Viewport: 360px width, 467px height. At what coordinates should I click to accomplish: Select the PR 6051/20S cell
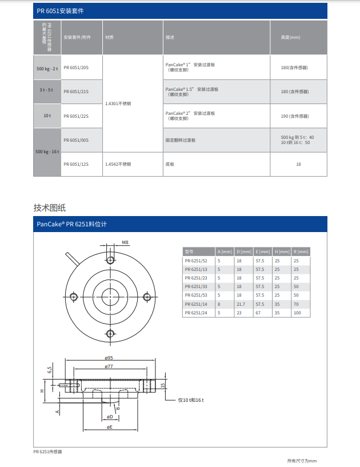76,67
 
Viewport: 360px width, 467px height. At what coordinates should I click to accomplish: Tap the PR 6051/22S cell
76,116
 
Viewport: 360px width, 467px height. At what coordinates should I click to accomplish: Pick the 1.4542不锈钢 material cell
118,164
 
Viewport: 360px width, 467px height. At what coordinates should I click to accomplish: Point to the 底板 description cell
170,164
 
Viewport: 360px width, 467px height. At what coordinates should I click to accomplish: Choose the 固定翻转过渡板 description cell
181,140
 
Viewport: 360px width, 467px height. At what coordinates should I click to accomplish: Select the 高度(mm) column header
291,38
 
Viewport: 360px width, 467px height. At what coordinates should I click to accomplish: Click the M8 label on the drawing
125,242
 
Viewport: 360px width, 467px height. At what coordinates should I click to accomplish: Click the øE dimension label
109,427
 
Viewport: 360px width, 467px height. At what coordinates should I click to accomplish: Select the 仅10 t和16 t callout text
191,400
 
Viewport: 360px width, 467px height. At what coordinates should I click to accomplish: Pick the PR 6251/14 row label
196,305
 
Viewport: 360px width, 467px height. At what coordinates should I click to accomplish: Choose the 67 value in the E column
258,313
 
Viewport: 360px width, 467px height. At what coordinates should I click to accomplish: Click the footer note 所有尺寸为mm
301,461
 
